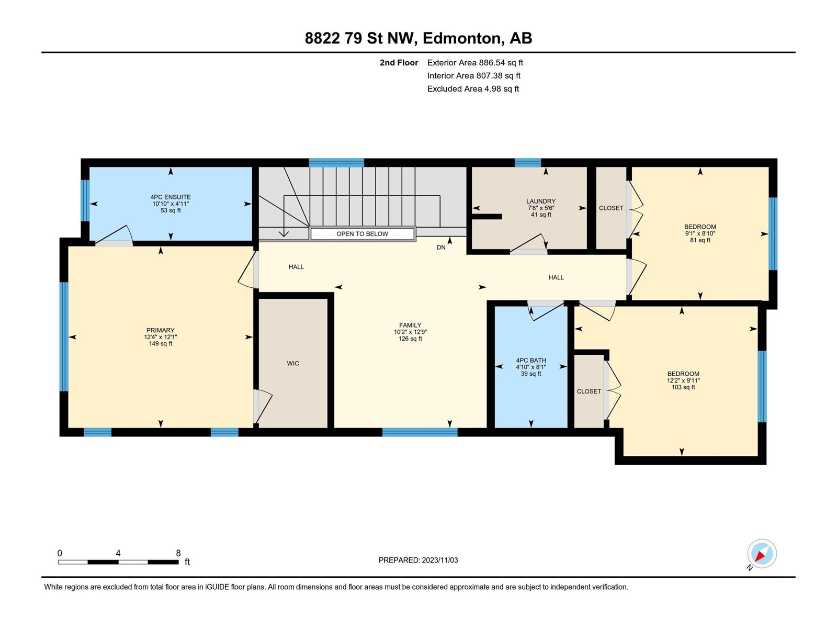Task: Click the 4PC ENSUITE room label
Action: point(171,197)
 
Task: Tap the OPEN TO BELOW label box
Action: point(362,234)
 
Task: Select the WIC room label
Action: point(293,363)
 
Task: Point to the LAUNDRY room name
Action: point(541,201)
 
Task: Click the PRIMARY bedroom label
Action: point(160,330)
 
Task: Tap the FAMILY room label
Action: point(410,325)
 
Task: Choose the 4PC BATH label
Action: point(531,361)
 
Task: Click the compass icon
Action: point(762,554)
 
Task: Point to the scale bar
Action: point(118,562)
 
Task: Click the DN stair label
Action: point(441,248)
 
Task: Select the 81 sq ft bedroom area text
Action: point(700,240)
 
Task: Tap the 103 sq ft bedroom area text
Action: point(683,387)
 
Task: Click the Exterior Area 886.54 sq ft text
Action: point(475,62)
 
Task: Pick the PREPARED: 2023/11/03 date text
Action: point(418,560)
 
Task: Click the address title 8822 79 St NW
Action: point(359,38)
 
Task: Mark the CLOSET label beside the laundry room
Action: point(611,208)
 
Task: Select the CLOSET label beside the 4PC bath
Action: point(589,391)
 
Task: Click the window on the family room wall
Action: point(420,432)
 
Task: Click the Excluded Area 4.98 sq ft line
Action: point(473,89)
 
